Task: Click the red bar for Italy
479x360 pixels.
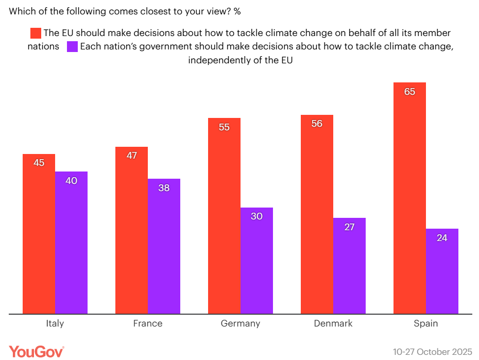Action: point(39,234)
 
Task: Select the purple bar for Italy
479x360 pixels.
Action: point(71,243)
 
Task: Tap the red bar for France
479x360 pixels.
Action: point(131,230)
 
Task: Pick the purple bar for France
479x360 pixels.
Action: point(164,246)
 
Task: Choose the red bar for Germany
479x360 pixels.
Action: point(224,216)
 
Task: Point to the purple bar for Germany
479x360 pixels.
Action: point(256,261)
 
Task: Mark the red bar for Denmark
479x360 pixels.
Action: point(317,214)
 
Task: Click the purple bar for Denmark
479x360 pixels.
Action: point(349,266)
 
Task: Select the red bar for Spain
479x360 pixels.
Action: point(409,198)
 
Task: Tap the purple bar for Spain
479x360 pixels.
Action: point(442,271)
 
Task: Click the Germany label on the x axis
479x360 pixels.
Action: point(241,323)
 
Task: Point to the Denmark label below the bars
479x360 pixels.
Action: point(333,323)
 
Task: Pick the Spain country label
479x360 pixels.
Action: point(425,323)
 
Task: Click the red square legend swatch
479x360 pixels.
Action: point(36,33)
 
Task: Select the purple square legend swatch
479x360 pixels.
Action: point(73,46)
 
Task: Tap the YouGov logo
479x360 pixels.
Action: point(37,352)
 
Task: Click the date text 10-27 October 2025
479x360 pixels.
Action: point(432,352)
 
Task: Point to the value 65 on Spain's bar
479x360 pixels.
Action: point(409,92)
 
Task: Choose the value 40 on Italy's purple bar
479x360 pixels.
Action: point(71,181)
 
